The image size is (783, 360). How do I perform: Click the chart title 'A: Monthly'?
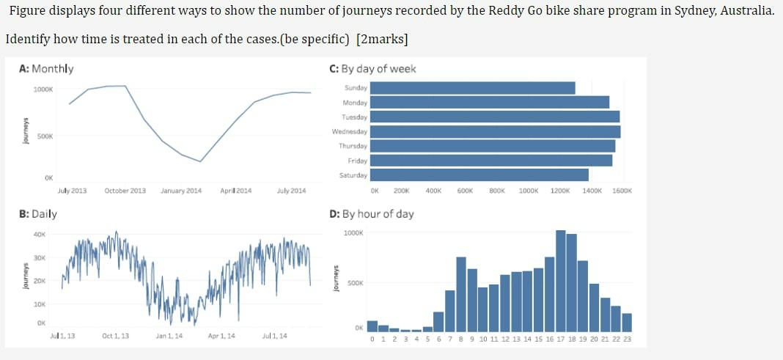(x=46, y=69)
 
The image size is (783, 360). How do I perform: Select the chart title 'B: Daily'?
(x=38, y=214)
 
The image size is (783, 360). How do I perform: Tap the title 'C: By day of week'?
(x=373, y=69)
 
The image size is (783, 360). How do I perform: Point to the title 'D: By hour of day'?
(x=372, y=214)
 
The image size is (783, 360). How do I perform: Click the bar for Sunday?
(x=473, y=88)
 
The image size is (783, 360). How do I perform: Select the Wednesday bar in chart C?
(x=496, y=131)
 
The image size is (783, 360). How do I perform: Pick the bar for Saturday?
(x=479, y=175)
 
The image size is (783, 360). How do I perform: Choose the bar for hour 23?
(x=627, y=323)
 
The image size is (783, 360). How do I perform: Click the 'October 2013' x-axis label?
(x=125, y=191)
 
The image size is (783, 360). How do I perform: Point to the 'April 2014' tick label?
(x=236, y=191)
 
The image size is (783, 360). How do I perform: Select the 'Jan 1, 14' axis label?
(x=169, y=336)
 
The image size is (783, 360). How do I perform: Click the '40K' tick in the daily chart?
(x=40, y=235)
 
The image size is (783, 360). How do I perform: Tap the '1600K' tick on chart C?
(x=622, y=191)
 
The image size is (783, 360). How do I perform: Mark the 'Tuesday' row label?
(x=355, y=117)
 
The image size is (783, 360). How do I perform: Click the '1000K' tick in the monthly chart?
(x=43, y=89)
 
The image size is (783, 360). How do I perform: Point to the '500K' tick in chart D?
(x=353, y=282)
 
